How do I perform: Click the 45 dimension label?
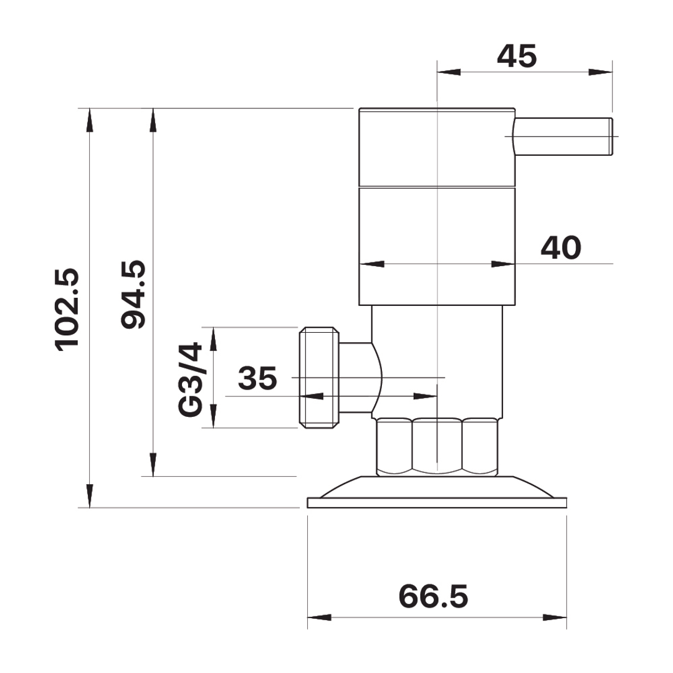pos(517,56)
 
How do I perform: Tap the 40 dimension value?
pos(561,247)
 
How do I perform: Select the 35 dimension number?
pos(257,378)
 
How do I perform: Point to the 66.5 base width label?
pos(433,596)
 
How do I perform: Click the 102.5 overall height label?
pos(67,310)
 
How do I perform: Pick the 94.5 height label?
pos(133,294)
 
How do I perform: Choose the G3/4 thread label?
pos(189,379)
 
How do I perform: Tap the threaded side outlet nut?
pos(319,378)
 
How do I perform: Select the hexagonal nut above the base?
pos(437,446)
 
